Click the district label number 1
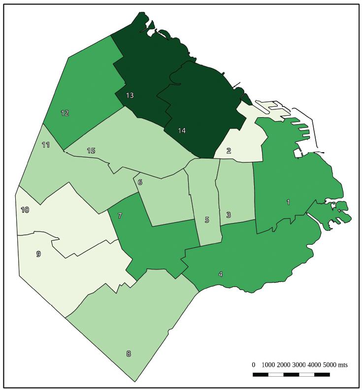click(x=288, y=202)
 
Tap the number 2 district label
click(x=229, y=151)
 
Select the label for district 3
click(x=229, y=215)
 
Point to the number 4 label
click(x=221, y=274)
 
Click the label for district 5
click(x=207, y=220)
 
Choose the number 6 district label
click(x=140, y=183)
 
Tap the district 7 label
click(x=120, y=216)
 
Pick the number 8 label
click(x=129, y=354)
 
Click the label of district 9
click(x=38, y=254)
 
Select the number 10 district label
click(x=25, y=210)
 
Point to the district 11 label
click(x=46, y=145)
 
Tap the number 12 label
click(x=65, y=113)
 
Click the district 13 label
click(x=130, y=95)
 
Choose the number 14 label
click(x=182, y=130)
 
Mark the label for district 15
click(x=91, y=150)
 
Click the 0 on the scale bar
click(x=253, y=365)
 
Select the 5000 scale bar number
click(x=329, y=365)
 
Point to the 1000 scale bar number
click(x=268, y=365)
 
